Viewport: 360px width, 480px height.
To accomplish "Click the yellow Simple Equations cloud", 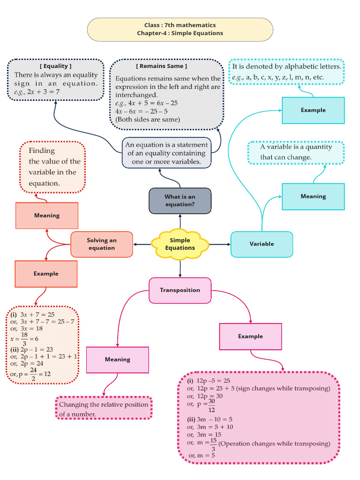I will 180,244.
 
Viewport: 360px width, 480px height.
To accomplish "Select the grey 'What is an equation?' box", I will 180,201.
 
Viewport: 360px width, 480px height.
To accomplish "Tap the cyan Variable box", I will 262,244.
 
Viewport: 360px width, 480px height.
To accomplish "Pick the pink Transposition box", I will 180,290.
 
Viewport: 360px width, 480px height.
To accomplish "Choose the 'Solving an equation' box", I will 102,244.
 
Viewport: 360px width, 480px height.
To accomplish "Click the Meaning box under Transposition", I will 117,360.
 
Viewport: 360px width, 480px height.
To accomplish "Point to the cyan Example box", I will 313,110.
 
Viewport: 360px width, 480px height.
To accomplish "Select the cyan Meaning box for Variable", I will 313,196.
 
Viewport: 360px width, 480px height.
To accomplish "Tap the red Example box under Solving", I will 46,274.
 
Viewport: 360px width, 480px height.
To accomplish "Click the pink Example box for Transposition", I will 250,337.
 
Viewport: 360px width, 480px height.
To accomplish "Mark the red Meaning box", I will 47,216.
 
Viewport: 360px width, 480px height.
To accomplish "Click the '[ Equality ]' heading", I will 56,66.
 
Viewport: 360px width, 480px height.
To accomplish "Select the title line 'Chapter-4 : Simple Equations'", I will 180,33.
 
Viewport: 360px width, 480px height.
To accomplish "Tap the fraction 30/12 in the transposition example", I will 211,404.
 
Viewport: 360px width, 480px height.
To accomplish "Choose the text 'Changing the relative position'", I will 104,405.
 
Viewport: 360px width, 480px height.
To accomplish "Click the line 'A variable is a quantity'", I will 296,147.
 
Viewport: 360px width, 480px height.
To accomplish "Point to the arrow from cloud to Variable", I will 219,244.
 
